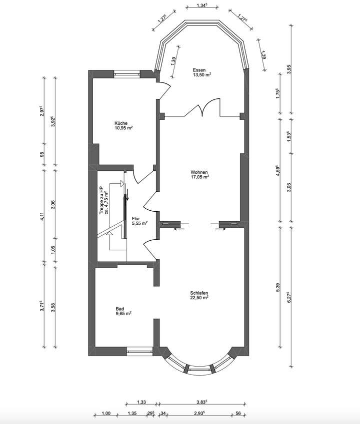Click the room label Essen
[x=199, y=69]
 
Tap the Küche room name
[x=120, y=123]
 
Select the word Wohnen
[x=199, y=171]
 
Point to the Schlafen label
[x=199, y=293]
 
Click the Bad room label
[x=119, y=309]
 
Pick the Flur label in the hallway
[x=135, y=219]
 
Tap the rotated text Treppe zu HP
[x=101, y=196]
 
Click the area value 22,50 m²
[x=199, y=298]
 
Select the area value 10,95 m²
[x=123, y=128]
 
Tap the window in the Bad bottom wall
[x=138, y=351]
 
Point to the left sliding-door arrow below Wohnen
[x=179, y=229]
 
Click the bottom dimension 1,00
[x=105, y=413]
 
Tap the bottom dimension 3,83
[x=201, y=402]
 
